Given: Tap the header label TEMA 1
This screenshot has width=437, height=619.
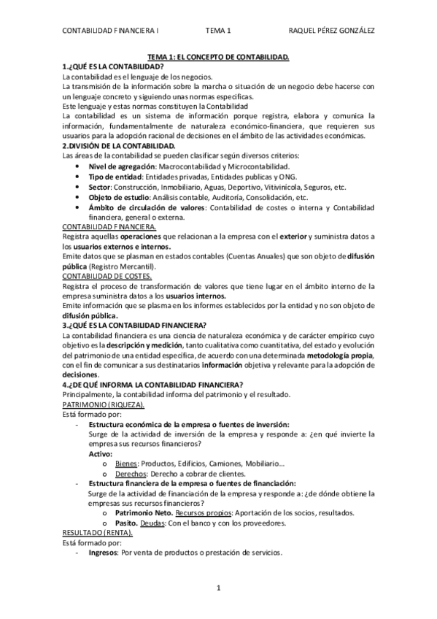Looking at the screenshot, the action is pyautogui.click(x=217, y=31).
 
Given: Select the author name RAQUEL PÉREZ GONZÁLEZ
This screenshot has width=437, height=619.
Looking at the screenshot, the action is pyautogui.click(x=333, y=31).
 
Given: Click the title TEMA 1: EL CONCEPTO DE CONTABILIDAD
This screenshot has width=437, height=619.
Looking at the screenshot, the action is pyautogui.click(x=219, y=56).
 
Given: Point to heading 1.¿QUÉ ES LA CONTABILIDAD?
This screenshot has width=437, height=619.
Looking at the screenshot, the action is pyautogui.click(x=113, y=66).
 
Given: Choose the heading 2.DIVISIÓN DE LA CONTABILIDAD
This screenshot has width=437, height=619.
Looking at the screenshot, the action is pyautogui.click(x=119, y=146).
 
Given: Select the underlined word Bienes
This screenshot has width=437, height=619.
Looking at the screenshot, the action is pyautogui.click(x=128, y=464).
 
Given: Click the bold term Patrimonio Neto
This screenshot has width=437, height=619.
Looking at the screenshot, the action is pyautogui.click(x=145, y=512).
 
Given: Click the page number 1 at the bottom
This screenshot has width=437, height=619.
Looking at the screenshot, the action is pyautogui.click(x=217, y=588).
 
